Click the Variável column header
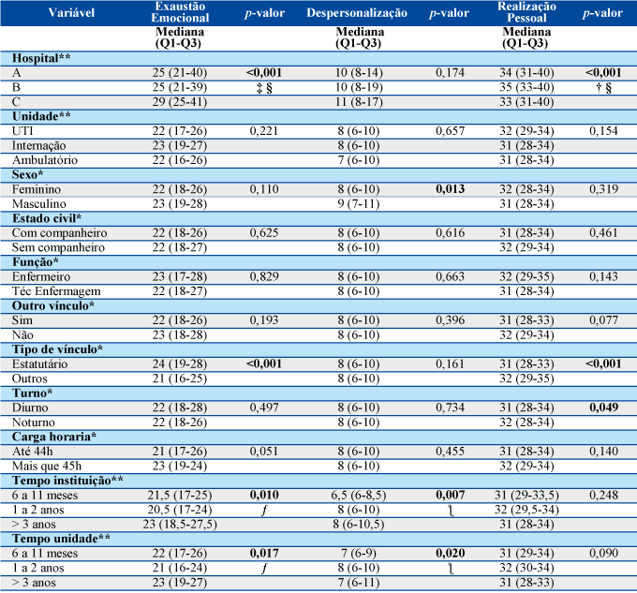(71, 12)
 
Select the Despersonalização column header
(357, 13)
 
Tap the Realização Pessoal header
(526, 12)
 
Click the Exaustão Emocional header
(180, 12)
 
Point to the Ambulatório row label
(45, 160)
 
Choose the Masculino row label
(39, 204)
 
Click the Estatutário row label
(39, 363)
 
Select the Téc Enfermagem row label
(56, 291)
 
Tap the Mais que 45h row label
(47, 466)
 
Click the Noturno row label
(34, 423)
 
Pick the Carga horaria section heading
(54, 437)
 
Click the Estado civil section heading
(47, 218)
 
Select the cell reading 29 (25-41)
(180, 102)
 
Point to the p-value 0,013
(451, 189)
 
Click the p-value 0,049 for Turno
(603, 408)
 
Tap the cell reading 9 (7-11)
(358, 204)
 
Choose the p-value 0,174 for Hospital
(451, 73)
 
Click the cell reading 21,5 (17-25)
(180, 496)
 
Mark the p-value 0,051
(264, 452)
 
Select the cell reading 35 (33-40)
(526, 87)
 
